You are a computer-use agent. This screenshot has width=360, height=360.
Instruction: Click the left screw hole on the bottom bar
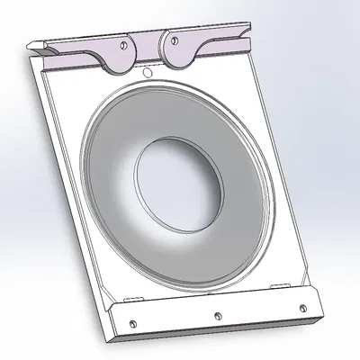tap(131, 324)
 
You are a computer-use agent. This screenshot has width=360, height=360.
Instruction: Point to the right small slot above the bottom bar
tap(285, 282)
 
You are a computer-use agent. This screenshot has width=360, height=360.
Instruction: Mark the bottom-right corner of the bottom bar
tap(321, 319)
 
